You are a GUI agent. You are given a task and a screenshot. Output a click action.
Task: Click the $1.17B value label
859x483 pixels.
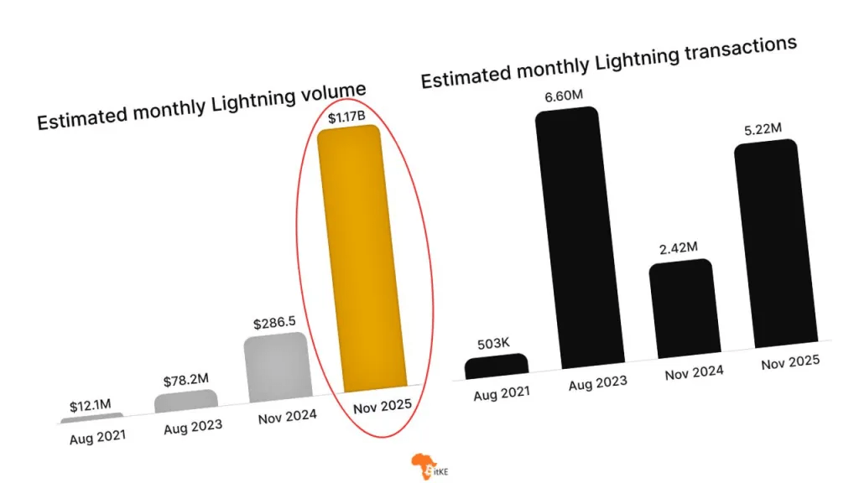click(345, 115)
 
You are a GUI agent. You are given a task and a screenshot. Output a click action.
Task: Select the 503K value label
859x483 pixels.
click(490, 344)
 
